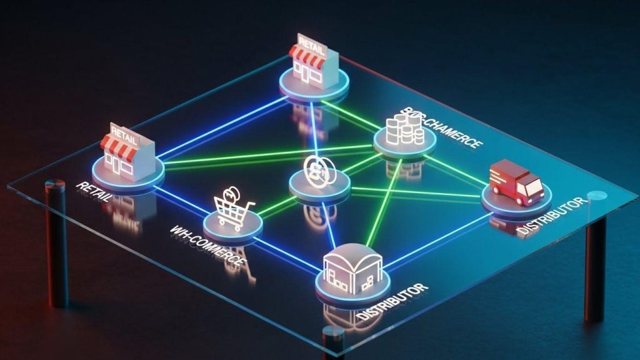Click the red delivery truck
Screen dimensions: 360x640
[x=516, y=182]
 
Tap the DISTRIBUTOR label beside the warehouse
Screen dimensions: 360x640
[x=394, y=302]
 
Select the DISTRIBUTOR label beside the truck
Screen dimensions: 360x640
[x=552, y=216]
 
